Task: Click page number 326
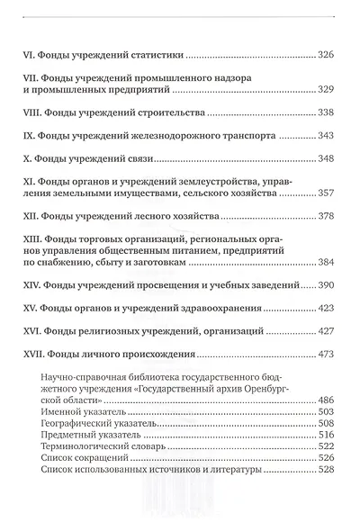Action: (328, 57)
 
